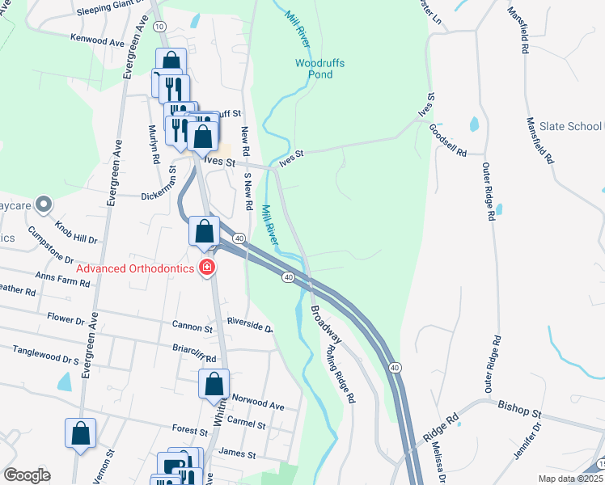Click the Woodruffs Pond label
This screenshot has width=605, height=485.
(x=314, y=68)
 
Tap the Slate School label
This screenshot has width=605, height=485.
(x=570, y=126)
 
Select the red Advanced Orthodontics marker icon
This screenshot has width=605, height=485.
(x=208, y=268)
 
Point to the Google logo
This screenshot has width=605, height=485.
(x=27, y=475)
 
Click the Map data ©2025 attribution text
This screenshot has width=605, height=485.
(x=570, y=479)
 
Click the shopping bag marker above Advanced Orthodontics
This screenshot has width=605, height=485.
(x=205, y=230)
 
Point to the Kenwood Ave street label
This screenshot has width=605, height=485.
(x=99, y=38)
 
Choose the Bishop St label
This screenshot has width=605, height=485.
(x=518, y=408)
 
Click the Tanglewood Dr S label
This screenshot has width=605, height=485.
(x=46, y=355)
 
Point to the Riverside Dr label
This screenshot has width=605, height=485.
(x=251, y=327)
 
